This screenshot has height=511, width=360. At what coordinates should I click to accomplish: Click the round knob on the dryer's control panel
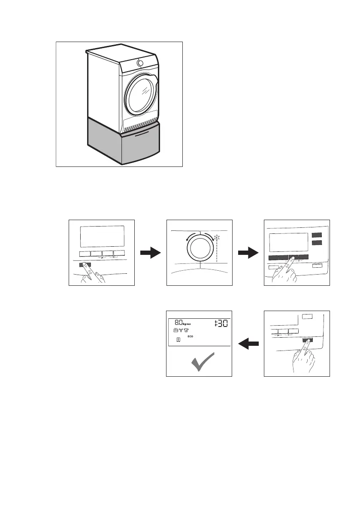pos(140,63)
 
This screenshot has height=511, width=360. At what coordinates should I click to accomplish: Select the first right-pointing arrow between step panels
pos(151,254)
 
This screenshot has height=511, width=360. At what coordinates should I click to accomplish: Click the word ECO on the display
pos(191,337)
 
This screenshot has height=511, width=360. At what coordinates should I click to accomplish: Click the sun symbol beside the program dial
pos(217,237)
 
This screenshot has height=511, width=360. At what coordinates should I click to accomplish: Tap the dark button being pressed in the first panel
pos(85,265)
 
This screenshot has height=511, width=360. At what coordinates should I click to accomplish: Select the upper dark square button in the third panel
pos(317,235)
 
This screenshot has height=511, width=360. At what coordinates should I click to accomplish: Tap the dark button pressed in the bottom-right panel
pos(307,339)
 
